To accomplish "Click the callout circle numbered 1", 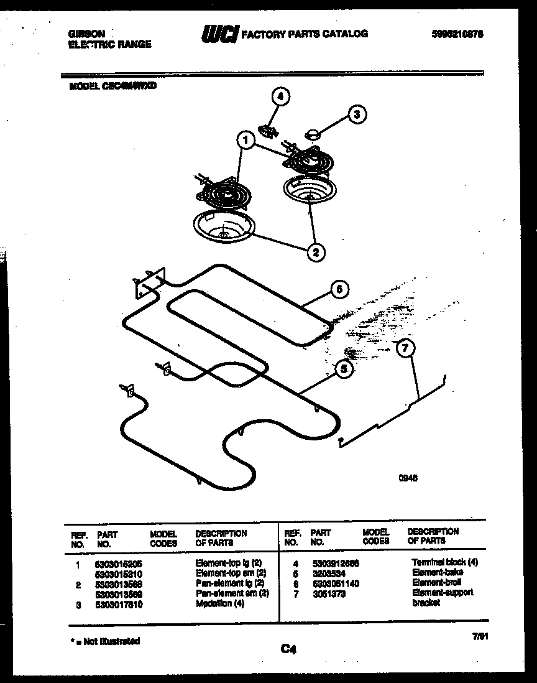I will (246, 141).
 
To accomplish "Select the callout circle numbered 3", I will (356, 114).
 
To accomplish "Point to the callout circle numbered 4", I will (280, 96).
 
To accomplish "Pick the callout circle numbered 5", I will (342, 368).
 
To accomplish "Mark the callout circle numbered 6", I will (338, 289).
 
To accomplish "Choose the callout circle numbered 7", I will (405, 348).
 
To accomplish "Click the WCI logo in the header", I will (219, 35).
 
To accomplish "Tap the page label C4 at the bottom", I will (288, 649).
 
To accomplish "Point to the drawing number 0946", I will (408, 478).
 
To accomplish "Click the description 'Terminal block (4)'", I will (445, 562).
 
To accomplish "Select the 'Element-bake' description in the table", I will (438, 572).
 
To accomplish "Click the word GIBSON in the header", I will (86, 34).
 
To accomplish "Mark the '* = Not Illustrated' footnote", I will (103, 641).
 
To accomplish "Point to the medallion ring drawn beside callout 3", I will (312, 133).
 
